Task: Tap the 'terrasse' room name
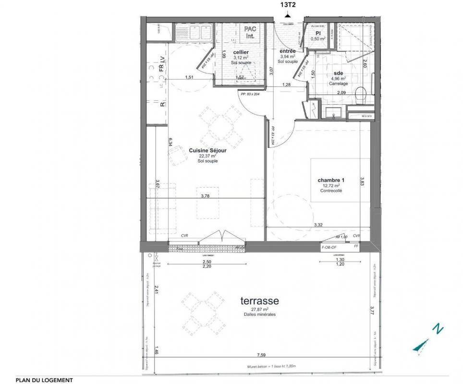pos(260,301)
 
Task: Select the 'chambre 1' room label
pos(331,180)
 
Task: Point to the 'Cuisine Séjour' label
pos(207,150)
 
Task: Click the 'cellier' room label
pos(241,52)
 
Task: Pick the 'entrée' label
pos(288,51)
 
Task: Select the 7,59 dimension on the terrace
pos(261,355)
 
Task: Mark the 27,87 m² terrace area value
pos(260,310)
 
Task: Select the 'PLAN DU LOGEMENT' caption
pos(44,380)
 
